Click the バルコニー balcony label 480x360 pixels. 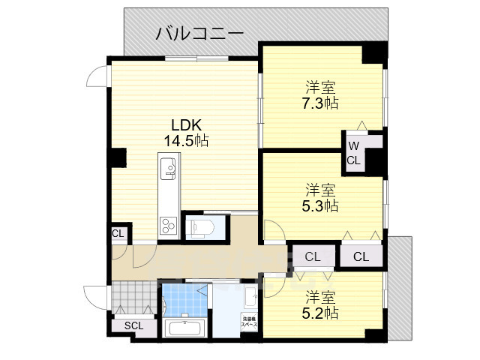coord(199,34)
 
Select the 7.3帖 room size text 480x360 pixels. coord(321,103)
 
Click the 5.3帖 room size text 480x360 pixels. coord(321,205)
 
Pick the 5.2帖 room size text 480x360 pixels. coord(321,313)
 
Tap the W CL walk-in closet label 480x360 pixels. coord(354,153)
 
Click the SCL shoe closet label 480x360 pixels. coord(133,325)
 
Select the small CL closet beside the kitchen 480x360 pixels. coord(118,233)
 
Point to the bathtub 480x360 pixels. coord(183,328)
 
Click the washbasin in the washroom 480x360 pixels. coord(250,297)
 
